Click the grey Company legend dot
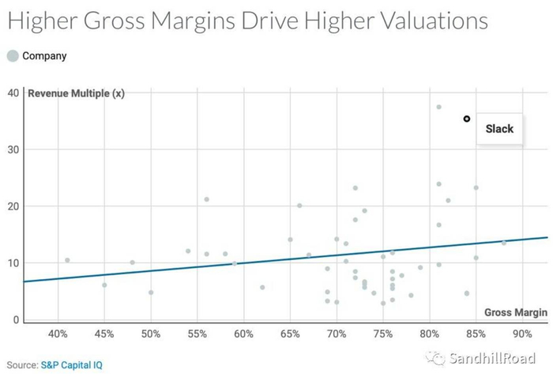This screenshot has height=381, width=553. coord(12,56)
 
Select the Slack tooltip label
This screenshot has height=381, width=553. coord(499,129)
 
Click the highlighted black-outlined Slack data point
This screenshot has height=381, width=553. coord(467,119)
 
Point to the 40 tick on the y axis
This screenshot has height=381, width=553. coord(13,93)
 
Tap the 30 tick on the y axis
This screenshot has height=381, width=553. coord(13,150)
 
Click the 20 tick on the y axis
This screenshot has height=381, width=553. coord(13,206)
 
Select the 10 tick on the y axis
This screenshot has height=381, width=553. coord(13,263)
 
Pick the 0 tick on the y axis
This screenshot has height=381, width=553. coord(16,319)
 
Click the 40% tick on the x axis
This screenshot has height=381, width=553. coord(58,334)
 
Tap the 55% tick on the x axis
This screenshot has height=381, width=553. coord(197,334)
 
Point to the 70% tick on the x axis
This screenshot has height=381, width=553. coord(337,334)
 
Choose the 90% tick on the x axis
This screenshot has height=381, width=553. coord(522,334)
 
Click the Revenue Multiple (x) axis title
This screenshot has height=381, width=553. coord(76,94)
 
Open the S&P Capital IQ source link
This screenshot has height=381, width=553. coord(71,365)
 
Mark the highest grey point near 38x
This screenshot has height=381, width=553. coord(438,107)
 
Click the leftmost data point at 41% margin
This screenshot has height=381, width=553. coord(67,260)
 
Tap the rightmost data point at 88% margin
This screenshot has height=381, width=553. coord(504,243)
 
